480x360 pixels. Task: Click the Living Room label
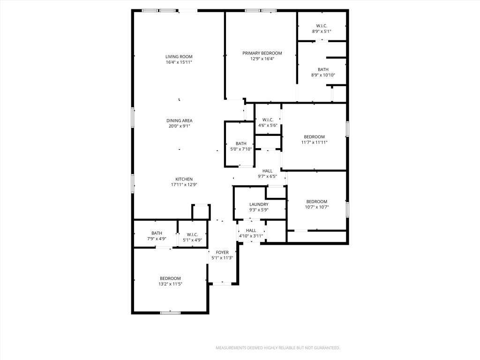(x=179, y=57)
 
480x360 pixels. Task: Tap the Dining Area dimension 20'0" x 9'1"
(x=179, y=126)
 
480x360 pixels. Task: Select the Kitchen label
(x=184, y=179)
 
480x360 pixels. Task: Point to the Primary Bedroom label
(x=262, y=53)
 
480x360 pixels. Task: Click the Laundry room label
(x=259, y=204)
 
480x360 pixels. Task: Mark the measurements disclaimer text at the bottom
(x=277, y=348)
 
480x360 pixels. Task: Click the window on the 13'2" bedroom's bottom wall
(x=170, y=312)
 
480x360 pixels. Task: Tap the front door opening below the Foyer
(x=223, y=284)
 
